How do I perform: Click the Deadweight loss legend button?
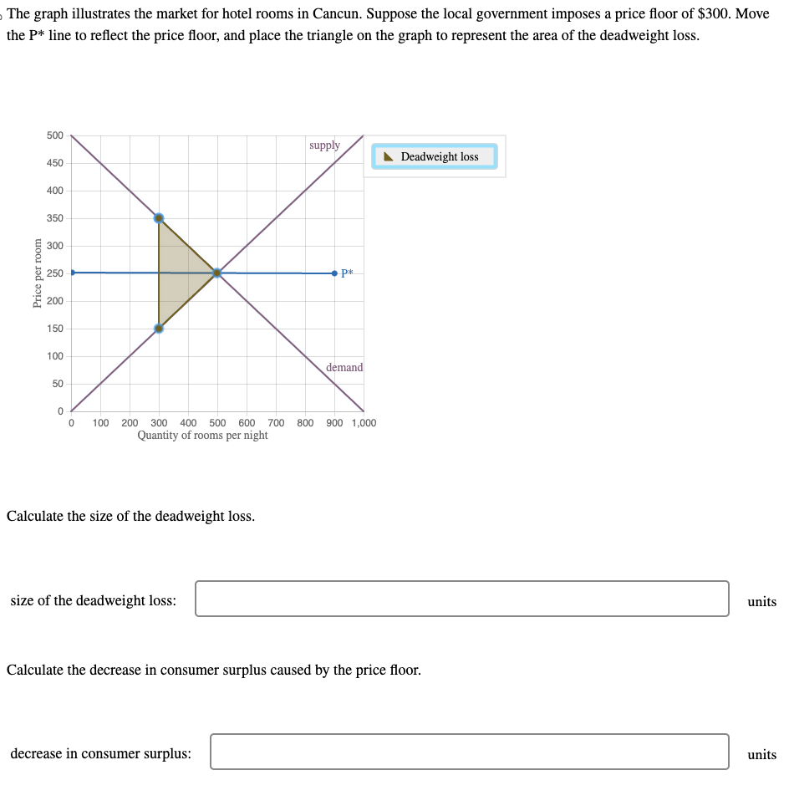[434, 156]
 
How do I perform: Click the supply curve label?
[324, 145]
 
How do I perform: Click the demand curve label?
[344, 368]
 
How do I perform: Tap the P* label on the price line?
[348, 273]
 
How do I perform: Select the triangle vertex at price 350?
[159, 218]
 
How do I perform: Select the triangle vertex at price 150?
[159, 328]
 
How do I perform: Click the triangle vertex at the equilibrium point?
[217, 273]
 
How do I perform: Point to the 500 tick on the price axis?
[54, 135]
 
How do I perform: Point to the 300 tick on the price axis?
[54, 246]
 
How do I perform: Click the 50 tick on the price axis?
[58, 384]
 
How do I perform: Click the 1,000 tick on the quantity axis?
[364, 423]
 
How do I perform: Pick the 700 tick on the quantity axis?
[277, 423]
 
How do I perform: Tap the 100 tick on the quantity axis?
[100, 423]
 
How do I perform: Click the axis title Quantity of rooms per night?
[202, 436]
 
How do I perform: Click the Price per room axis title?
[37, 273]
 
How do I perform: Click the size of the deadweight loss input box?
[461, 599]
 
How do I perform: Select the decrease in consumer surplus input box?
[469, 752]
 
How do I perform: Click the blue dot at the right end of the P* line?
[334, 273]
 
